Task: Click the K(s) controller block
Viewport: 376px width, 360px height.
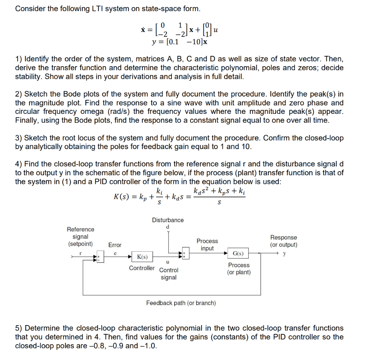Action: click(142, 257)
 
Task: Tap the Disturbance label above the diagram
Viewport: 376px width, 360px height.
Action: click(168, 220)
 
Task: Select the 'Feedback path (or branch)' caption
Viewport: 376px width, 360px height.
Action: click(181, 303)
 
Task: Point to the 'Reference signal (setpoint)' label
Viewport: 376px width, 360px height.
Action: click(80, 237)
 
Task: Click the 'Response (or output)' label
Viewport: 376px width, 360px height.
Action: click(283, 241)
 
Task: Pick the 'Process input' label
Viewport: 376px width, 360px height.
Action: click(207, 245)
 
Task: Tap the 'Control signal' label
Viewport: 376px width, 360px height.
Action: click(169, 274)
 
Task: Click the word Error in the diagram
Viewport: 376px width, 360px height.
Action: click(115, 245)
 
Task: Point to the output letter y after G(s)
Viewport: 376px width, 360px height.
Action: click(284, 253)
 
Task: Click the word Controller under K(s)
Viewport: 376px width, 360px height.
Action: click(142, 268)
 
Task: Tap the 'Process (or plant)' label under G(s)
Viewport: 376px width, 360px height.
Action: click(239, 269)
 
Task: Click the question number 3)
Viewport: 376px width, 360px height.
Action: click(19, 138)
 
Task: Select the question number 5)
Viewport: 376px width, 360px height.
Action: click(19, 328)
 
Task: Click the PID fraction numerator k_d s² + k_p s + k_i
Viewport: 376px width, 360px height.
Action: click(219, 191)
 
